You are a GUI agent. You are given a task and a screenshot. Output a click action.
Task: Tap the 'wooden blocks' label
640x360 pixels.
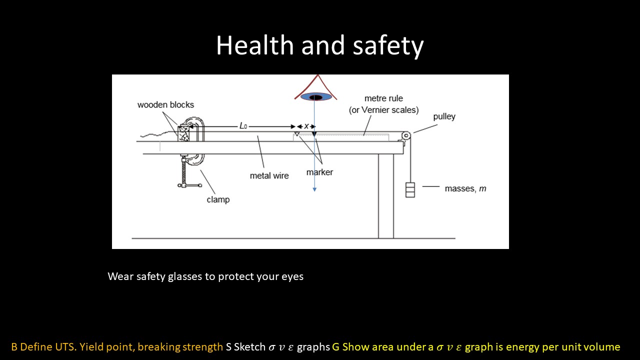[x=165, y=105]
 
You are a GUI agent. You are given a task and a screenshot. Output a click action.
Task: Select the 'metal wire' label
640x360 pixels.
[x=269, y=175]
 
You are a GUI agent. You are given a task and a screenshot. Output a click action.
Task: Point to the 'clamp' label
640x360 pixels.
[x=218, y=199]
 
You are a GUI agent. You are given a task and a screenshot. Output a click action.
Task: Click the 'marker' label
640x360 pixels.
[x=319, y=172]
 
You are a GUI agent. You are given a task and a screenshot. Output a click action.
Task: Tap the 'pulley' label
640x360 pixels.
[x=444, y=116]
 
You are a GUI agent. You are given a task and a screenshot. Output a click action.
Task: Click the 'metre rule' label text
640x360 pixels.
[x=383, y=98]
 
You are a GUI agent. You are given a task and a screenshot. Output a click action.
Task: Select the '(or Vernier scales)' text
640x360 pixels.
[x=383, y=109]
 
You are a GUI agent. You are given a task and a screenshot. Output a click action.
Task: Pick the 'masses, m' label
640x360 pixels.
[x=465, y=188]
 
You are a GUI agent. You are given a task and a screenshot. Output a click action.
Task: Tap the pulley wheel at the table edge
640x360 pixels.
[x=406, y=135]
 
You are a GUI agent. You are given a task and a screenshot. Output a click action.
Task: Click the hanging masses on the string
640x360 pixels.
[x=410, y=190]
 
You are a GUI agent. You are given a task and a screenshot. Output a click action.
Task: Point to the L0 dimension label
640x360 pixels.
[x=243, y=126]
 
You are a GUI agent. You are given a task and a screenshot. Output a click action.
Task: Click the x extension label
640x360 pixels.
[x=306, y=126]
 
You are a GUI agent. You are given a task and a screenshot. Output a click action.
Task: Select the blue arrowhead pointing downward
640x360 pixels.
[x=314, y=189]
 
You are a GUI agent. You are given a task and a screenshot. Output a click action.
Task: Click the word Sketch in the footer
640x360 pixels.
[x=249, y=347]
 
